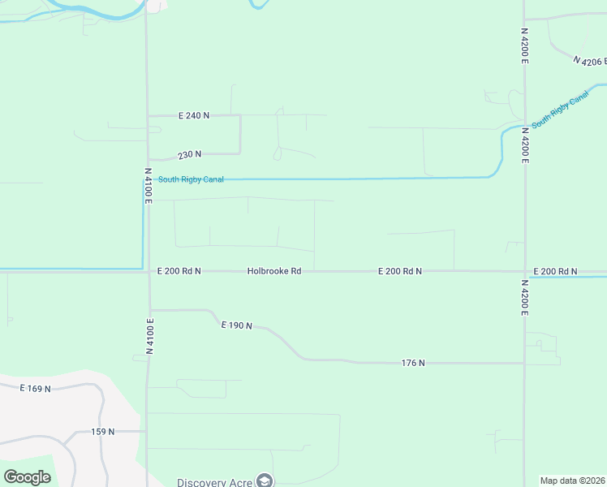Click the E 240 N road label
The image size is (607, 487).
(193, 116)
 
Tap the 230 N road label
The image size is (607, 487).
(189, 154)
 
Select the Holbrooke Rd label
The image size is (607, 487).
(274, 271)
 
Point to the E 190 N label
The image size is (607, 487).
(237, 325)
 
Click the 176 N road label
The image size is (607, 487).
(413, 363)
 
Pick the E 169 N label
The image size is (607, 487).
(35, 389)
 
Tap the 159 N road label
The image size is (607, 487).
(103, 432)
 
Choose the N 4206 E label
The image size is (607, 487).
(589, 61)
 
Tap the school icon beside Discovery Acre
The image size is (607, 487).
(263, 481)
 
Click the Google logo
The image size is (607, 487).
(27, 476)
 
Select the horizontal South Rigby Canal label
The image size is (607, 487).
(191, 179)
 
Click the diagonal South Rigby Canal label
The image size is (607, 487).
(559, 111)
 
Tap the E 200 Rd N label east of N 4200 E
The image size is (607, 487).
(555, 271)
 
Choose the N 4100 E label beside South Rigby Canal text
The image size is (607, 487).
(149, 186)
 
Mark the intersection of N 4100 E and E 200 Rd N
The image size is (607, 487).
(148, 271)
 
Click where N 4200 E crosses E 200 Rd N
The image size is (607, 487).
(524, 271)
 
